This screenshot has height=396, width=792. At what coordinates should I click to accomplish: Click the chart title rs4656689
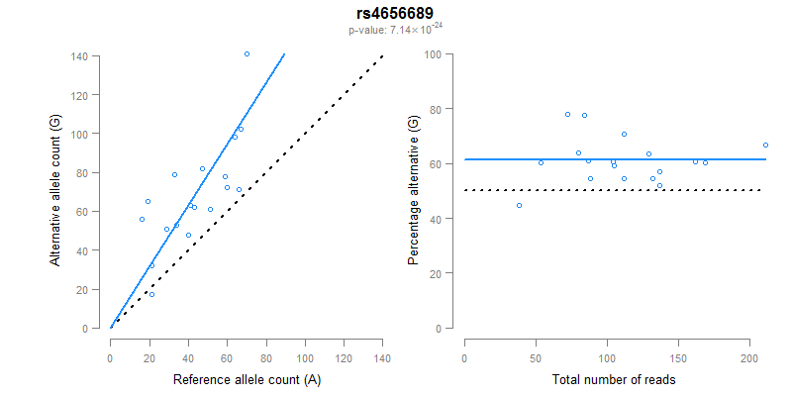(x=395, y=14)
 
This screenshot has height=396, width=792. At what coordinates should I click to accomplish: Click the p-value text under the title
(x=395, y=30)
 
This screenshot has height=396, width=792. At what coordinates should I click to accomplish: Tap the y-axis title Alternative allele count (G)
(x=56, y=190)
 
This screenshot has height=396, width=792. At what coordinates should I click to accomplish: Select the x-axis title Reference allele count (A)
(x=247, y=379)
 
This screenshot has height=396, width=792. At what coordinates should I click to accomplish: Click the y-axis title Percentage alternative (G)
(x=413, y=190)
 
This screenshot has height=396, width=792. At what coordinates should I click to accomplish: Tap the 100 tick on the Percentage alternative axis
(x=432, y=53)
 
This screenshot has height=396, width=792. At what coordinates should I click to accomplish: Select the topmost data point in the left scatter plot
(x=247, y=53)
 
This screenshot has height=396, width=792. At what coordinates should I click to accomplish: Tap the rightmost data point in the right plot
(x=765, y=145)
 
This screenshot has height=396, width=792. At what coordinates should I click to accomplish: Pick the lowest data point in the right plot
(x=519, y=205)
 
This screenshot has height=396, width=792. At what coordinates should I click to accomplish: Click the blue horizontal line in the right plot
(x=614, y=158)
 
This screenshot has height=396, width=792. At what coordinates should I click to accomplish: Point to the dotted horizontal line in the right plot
(x=614, y=190)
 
